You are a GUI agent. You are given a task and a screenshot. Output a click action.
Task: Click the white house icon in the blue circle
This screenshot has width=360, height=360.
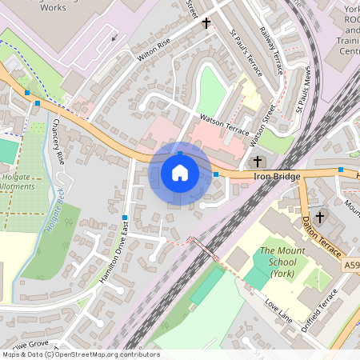click(180, 173)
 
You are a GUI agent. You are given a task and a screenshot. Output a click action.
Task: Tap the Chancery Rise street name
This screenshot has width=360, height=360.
click(56, 142)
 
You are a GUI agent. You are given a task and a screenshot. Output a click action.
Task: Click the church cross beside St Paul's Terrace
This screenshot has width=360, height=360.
click(206, 23)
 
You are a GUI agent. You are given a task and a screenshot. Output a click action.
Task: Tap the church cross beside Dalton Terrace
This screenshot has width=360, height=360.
click(320, 217)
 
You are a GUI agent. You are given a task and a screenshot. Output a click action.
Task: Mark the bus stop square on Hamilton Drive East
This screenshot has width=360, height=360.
click(125, 218)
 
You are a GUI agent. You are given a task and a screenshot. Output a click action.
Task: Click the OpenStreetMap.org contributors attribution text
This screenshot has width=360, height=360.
click(108, 354)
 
